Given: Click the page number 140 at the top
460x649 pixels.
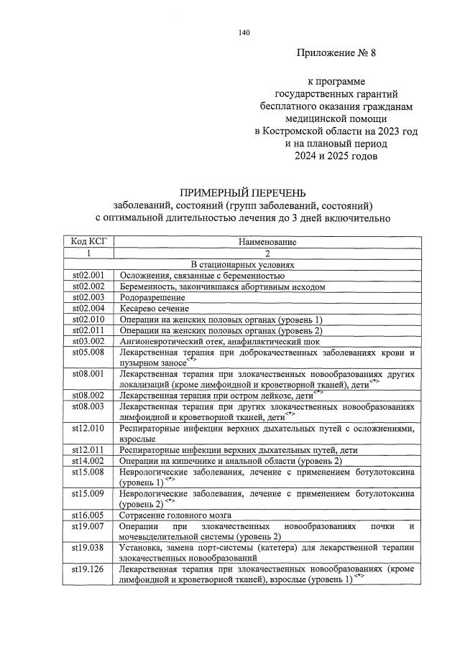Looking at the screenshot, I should [x=243, y=32].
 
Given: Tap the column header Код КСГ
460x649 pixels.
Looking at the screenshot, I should [x=88, y=242].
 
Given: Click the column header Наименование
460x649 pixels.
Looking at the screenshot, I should [x=267, y=242].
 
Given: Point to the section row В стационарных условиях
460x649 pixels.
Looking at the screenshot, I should [x=267, y=264].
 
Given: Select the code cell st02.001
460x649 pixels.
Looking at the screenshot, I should [x=88, y=275].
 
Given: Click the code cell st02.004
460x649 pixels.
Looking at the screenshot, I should [x=88, y=308].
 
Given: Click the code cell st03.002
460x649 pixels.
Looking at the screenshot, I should [x=88, y=341].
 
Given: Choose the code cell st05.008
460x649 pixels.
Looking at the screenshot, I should [x=88, y=352].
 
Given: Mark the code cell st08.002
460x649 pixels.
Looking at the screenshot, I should [x=88, y=395].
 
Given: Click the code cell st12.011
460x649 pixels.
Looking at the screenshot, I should [x=88, y=449].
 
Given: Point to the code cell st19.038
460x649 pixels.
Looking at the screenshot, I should [x=88, y=547].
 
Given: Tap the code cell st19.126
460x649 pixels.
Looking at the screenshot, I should [x=88, y=569].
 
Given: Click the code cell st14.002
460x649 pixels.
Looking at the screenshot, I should [x=88, y=459].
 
